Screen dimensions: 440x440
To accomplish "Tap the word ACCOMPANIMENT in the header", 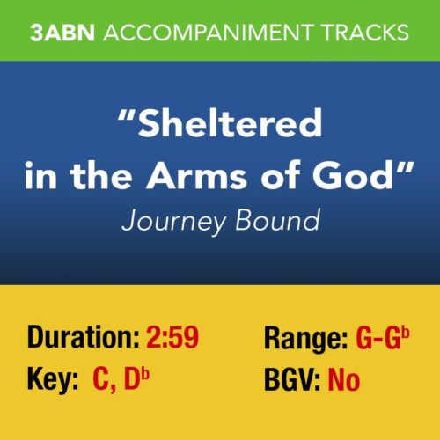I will point(209,33).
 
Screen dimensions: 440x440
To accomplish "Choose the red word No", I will point(343,381).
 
